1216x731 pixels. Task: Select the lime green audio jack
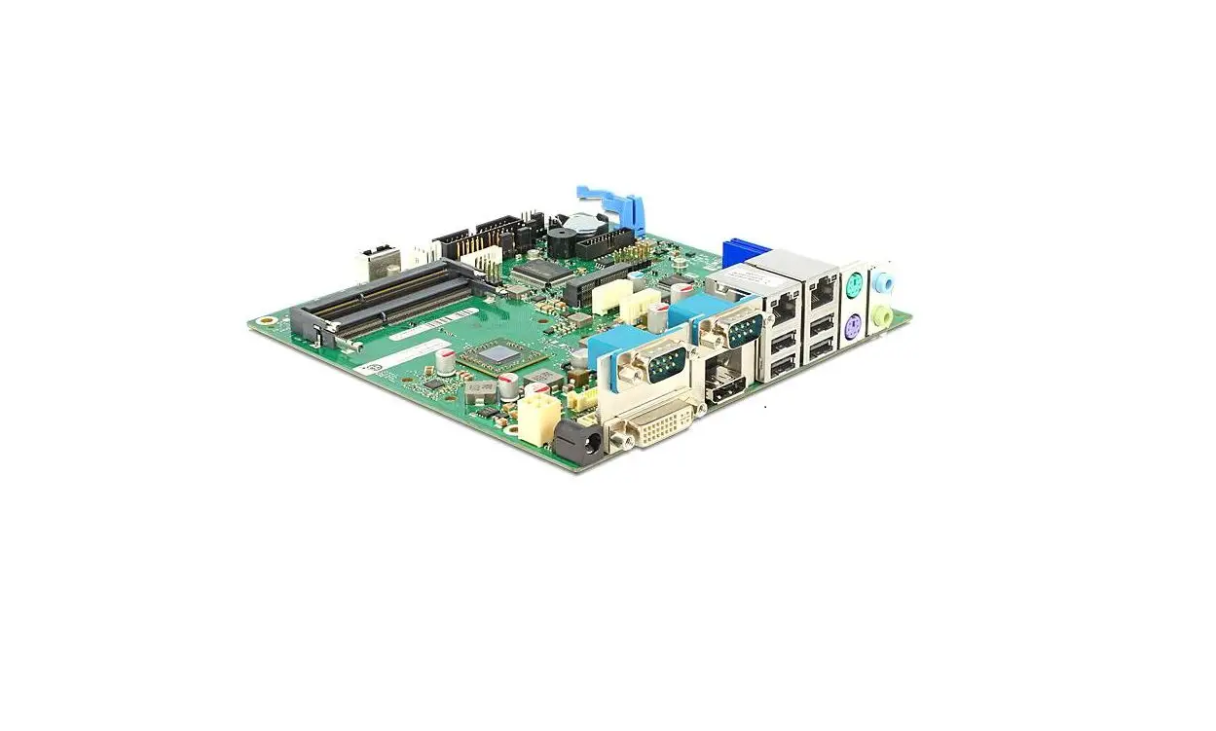884,316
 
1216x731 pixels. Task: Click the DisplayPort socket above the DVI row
725,381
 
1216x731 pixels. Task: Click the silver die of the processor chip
498,353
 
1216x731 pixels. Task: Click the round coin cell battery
581,223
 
